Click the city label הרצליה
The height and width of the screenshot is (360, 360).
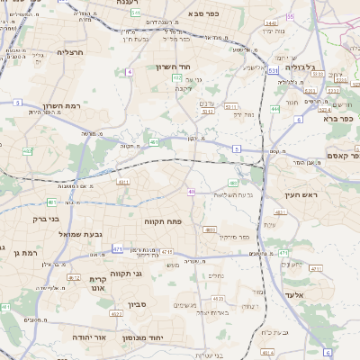[69, 53]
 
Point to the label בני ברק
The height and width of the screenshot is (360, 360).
[44, 219]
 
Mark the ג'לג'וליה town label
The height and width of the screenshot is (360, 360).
[301, 67]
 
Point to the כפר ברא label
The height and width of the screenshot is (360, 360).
[342, 117]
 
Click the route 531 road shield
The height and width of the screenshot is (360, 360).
[272, 68]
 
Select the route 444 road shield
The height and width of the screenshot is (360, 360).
[274, 109]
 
